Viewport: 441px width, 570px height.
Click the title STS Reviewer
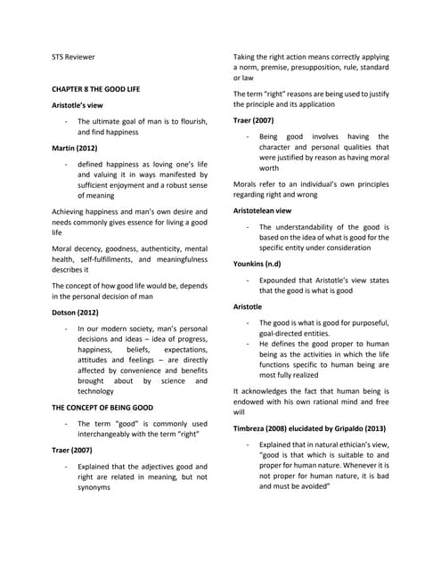74,57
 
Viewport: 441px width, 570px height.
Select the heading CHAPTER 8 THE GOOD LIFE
102,90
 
